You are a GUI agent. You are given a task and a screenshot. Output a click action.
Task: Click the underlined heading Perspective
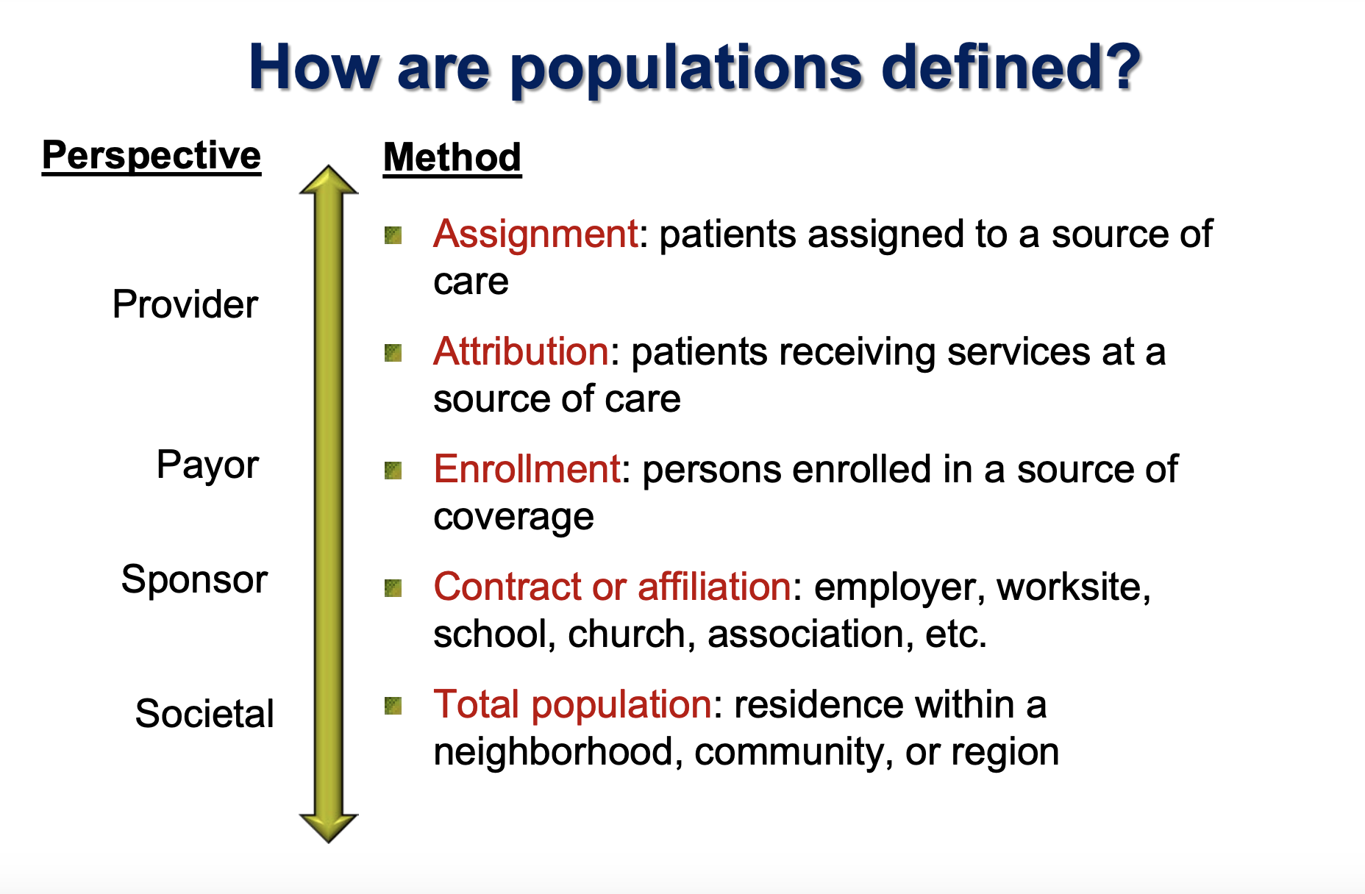152,156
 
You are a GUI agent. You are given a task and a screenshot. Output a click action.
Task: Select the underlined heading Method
452,157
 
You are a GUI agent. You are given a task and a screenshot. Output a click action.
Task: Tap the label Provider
185,304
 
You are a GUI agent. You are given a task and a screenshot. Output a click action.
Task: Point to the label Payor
207,465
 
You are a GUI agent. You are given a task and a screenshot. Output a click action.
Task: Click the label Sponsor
194,579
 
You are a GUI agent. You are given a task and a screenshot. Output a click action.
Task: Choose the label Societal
204,714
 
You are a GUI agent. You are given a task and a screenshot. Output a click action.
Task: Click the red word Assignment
535,235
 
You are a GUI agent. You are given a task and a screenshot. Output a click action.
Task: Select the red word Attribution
521,351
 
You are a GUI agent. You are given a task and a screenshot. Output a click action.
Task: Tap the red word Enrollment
527,469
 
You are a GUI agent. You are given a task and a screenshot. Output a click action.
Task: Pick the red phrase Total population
572,704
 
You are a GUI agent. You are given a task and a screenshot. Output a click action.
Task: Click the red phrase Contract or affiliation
612,587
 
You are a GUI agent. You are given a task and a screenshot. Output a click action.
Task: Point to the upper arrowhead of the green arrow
329,181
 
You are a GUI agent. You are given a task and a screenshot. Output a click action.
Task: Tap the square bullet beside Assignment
393,235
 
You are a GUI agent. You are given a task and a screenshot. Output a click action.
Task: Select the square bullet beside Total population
393,706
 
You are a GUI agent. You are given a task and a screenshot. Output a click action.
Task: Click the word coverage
513,517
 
